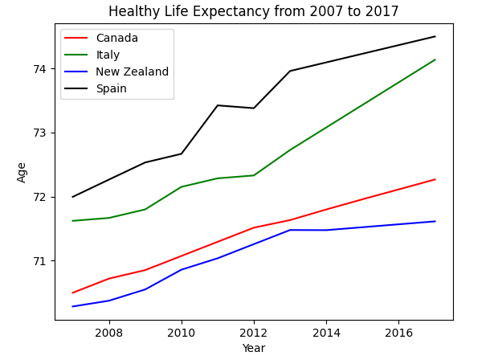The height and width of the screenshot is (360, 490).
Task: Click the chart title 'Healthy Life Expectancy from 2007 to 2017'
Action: pyautogui.click(x=253, y=11)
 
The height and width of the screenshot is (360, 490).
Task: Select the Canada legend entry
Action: pyautogui.click(x=116, y=39)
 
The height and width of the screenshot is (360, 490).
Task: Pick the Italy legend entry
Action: pyautogui.click(x=108, y=55)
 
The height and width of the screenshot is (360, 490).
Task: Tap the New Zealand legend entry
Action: pyautogui.click(x=132, y=72)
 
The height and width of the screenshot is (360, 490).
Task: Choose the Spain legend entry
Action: pyautogui.click(x=111, y=88)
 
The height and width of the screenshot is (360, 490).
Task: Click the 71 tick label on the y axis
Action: pyautogui.click(x=40, y=261)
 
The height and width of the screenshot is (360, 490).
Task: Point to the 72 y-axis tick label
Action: pyautogui.click(x=40, y=197)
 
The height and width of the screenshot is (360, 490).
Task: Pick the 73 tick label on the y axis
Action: pyautogui.click(x=40, y=133)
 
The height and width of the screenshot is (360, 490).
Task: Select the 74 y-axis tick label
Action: pyautogui.click(x=40, y=69)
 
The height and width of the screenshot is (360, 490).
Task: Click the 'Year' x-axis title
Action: pyautogui.click(x=253, y=348)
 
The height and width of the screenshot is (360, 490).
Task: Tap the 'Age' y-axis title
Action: pyautogui.click(x=22, y=172)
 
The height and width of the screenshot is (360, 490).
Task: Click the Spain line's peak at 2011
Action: pyautogui.click(x=218, y=105)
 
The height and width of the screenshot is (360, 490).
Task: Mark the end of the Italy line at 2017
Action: pyautogui.click(x=435, y=59)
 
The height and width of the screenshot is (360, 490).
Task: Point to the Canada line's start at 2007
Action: pyautogui.click(x=73, y=292)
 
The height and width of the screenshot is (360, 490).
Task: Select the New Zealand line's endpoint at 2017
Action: pyautogui.click(x=435, y=221)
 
